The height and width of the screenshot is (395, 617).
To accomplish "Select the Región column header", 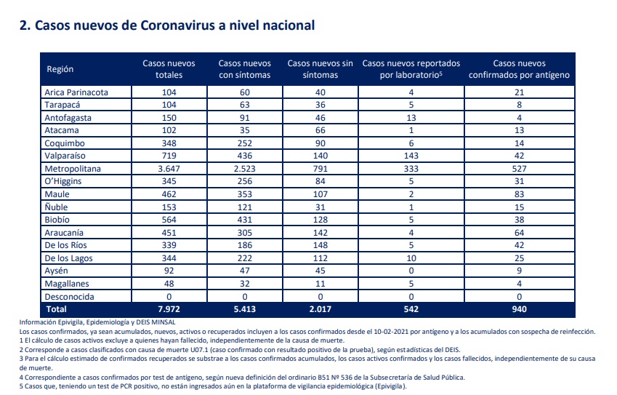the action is click(x=60, y=69).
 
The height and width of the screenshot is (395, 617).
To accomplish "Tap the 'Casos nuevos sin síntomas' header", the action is click(x=320, y=69).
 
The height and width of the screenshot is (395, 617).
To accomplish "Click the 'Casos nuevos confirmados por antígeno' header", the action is click(x=519, y=69).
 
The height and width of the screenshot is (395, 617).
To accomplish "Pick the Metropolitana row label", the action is click(x=73, y=169).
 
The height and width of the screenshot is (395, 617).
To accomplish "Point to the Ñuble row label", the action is click(x=56, y=207).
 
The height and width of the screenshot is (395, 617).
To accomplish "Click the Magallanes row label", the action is click(x=67, y=284).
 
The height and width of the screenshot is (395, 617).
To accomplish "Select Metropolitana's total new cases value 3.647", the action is click(x=169, y=169).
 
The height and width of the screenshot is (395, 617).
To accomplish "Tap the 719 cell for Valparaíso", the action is click(x=169, y=156).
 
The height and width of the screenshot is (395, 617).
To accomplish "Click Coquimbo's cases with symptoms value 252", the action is click(x=245, y=143).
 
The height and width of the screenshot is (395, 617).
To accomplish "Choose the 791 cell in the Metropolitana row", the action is click(x=320, y=169).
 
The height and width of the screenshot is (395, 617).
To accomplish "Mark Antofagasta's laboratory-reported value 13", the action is click(x=411, y=117).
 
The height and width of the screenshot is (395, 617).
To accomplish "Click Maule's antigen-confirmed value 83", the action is click(x=520, y=194).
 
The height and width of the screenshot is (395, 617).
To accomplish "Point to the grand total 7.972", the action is click(x=169, y=309).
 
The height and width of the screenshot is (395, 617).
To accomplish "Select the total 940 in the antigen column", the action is click(x=520, y=309).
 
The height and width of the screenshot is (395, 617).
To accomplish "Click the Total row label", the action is click(x=56, y=309).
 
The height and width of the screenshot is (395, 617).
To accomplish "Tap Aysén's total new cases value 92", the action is click(x=169, y=271).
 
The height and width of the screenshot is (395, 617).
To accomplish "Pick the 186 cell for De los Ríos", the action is click(x=245, y=245).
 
